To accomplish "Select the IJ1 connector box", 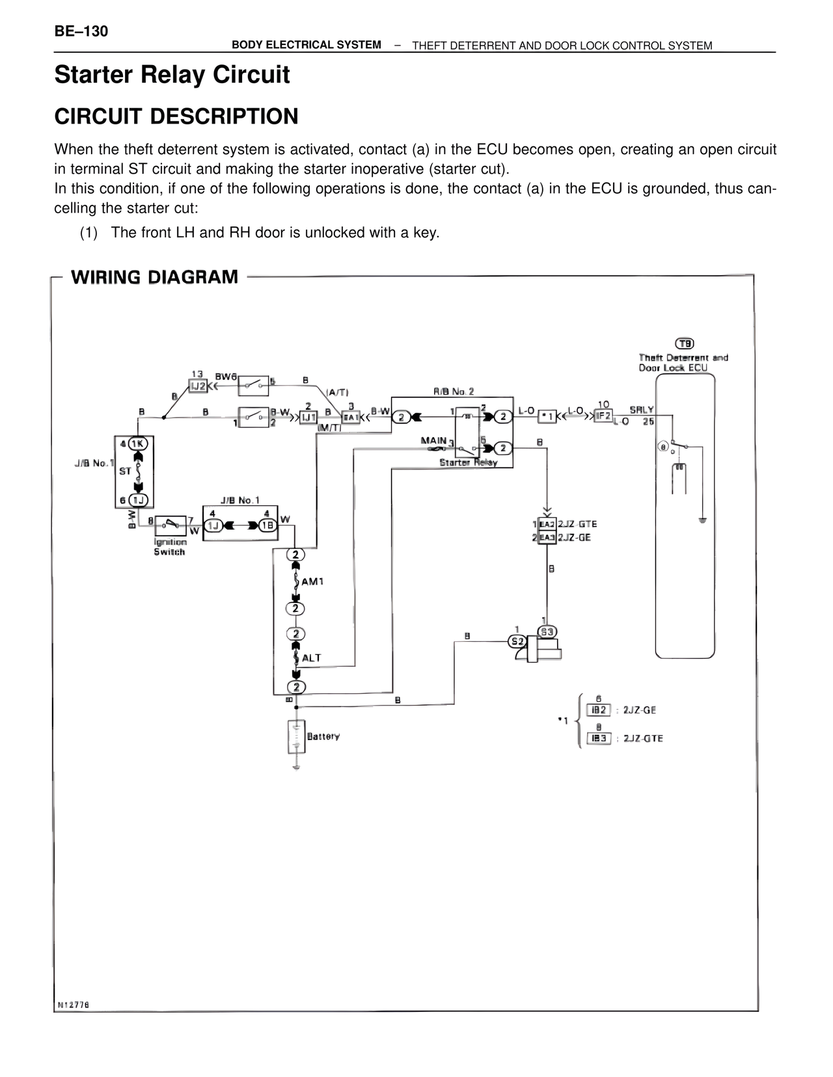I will coord(308,417).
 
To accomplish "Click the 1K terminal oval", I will coord(138,444).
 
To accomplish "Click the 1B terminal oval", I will coord(267,525).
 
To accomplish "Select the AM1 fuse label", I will coord(312,581).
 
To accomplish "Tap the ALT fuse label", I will coord(311,658).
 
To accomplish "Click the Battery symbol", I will coord(297,737).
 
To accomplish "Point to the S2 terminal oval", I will coord(517,641).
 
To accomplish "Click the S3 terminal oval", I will coord(547,632).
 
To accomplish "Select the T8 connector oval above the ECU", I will coord(685,343).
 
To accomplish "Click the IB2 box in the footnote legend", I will coord(599,710).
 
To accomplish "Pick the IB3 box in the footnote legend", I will coord(599,738).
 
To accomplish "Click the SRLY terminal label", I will coord(641,410).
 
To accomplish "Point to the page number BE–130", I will coord(81,31).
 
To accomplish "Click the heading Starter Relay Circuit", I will coord(172,75).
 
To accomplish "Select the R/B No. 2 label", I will coord(454,392).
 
